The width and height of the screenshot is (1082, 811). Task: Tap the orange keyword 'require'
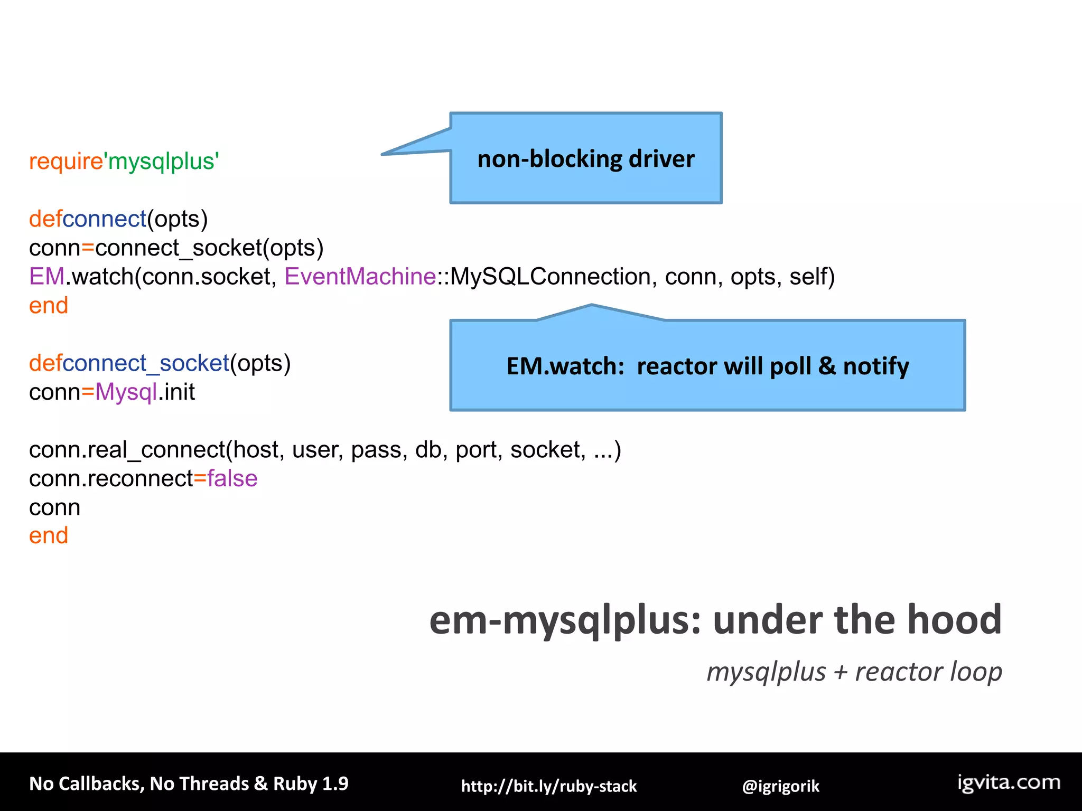(x=66, y=161)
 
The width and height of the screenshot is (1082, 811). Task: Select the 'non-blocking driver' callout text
(x=585, y=159)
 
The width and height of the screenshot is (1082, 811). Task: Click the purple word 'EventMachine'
(x=360, y=277)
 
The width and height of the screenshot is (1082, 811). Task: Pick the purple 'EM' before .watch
(x=46, y=277)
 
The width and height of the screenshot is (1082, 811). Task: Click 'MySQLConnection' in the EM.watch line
(x=550, y=277)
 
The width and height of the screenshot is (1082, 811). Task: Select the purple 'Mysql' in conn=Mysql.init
(x=126, y=392)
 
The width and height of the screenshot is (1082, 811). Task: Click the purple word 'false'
(x=232, y=478)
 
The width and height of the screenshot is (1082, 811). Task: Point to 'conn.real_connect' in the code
(x=127, y=450)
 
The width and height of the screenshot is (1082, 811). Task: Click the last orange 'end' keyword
(x=49, y=536)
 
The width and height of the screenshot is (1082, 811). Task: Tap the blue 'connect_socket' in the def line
(x=146, y=363)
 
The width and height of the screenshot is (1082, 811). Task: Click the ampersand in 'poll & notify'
(x=827, y=365)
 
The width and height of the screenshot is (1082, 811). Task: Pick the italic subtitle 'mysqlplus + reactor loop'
(x=854, y=672)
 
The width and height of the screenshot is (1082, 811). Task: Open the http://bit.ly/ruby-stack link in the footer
(x=549, y=786)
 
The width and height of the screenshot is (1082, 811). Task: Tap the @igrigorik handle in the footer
(x=780, y=786)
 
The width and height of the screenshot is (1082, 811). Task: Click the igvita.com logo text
(x=1009, y=782)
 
